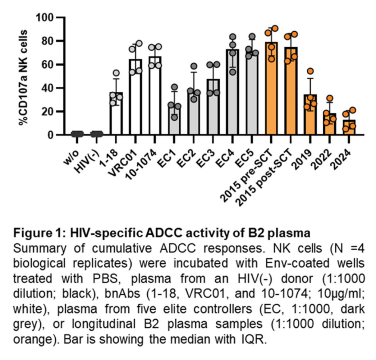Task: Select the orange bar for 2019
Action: click(311, 118)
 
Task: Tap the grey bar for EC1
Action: click(175, 121)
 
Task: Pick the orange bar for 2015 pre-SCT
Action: click(271, 94)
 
